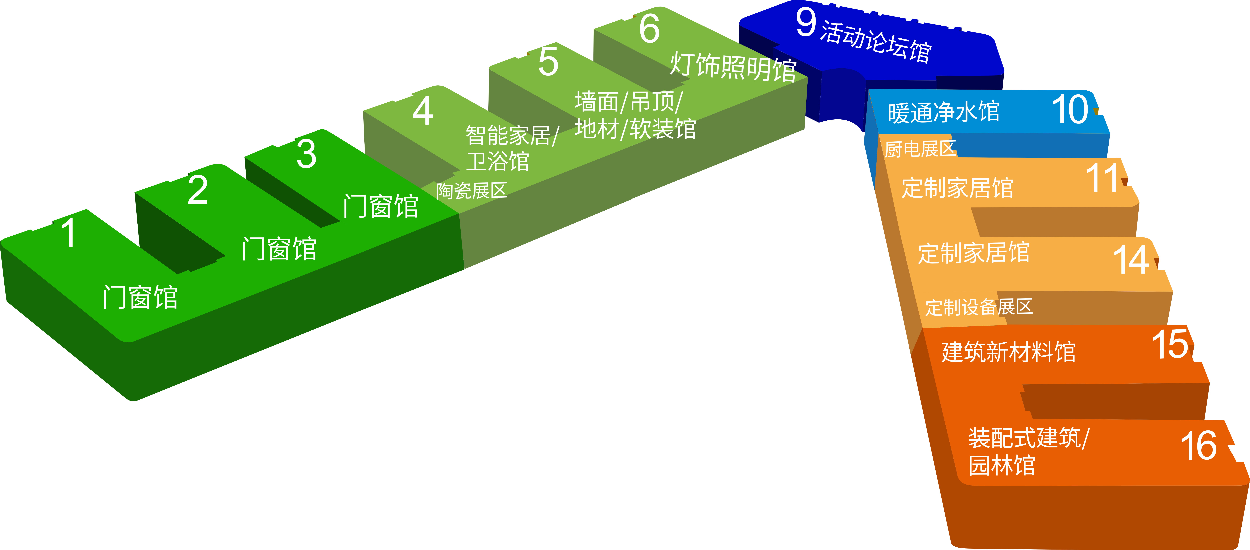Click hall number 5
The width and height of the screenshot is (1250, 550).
(548, 62)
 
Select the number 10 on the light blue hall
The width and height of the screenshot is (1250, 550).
(1070, 110)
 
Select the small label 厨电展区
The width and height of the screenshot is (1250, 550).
(920, 149)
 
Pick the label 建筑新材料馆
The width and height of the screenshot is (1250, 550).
(1008, 352)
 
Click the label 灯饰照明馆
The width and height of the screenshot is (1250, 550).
(733, 67)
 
